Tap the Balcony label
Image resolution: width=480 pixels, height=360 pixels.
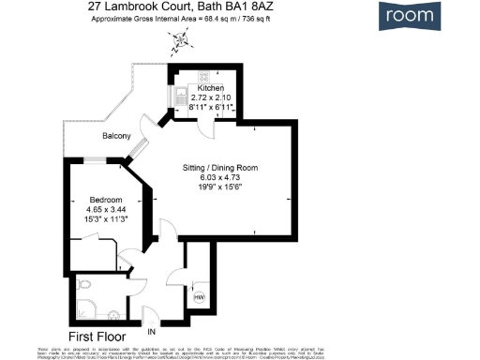117,137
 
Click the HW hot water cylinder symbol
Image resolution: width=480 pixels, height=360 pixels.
199,297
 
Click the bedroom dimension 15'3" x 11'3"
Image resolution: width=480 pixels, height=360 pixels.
107,219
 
